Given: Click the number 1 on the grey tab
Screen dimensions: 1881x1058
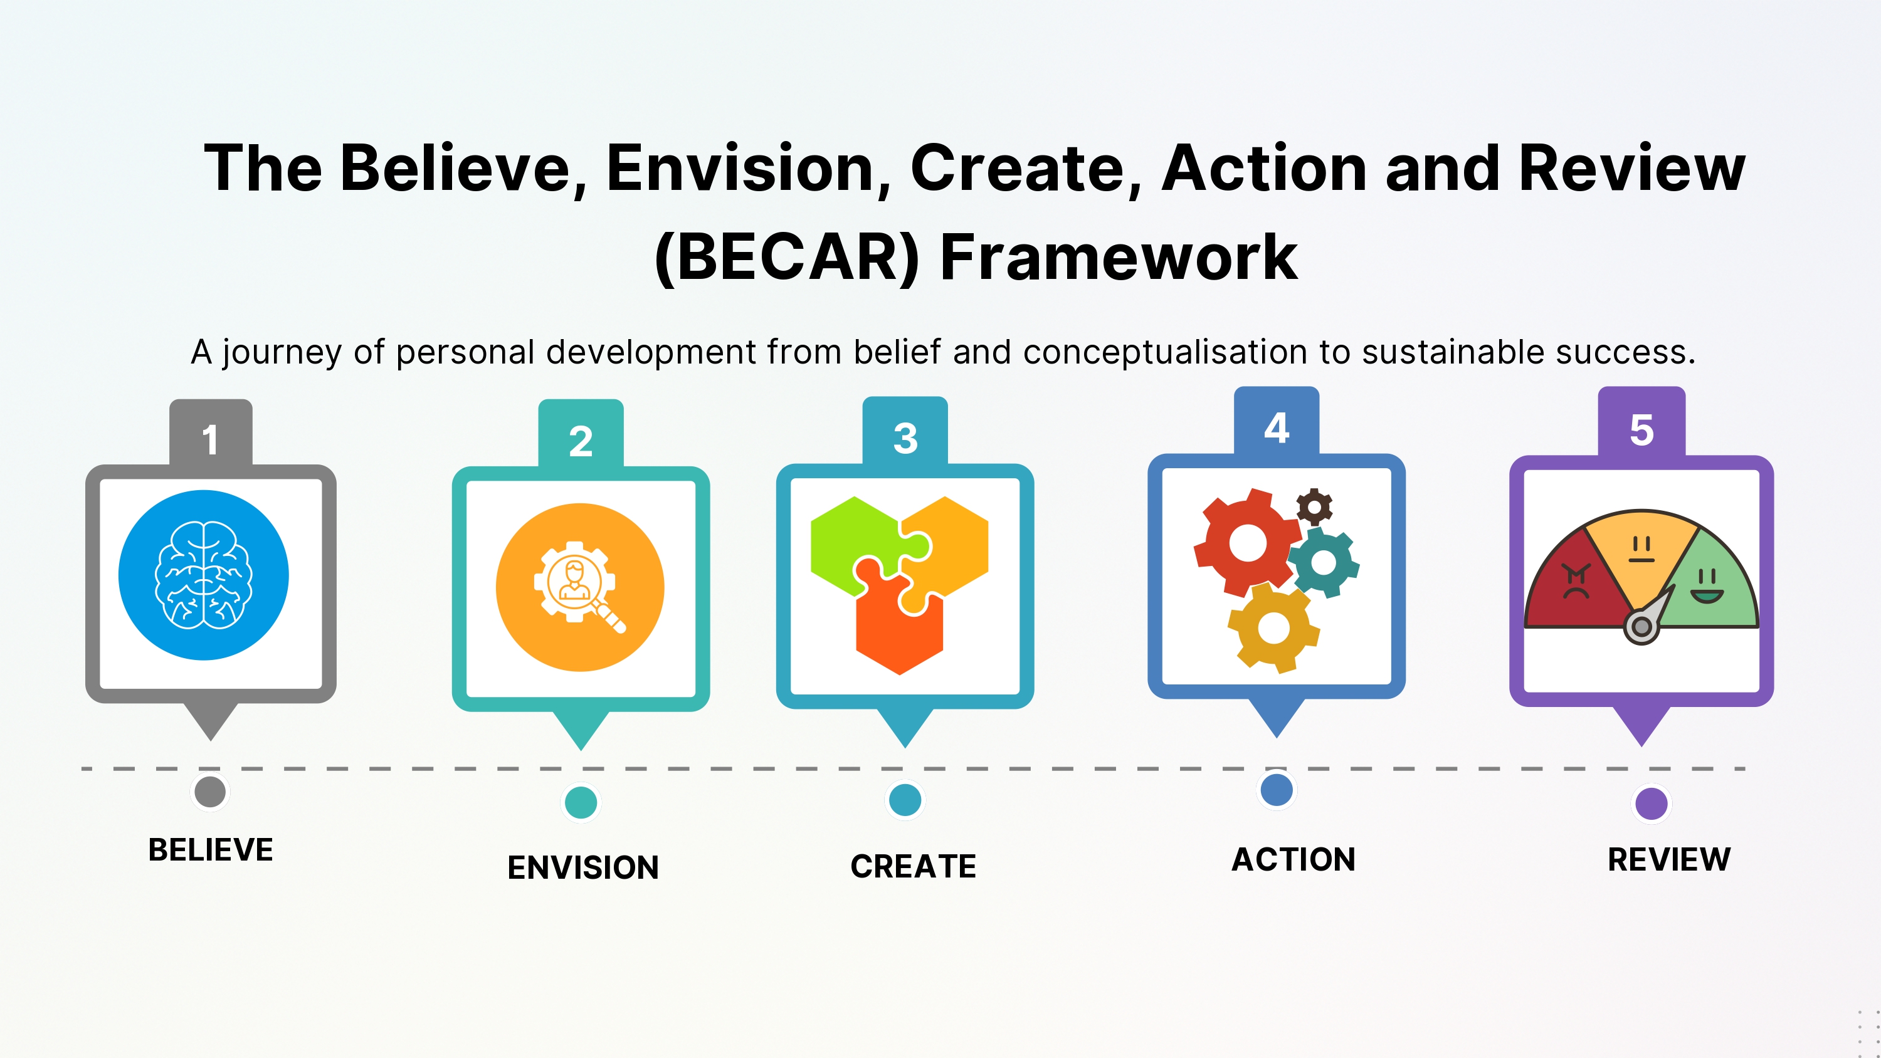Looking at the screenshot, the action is click(x=210, y=439).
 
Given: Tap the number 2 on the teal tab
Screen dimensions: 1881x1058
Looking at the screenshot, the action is click(x=581, y=441).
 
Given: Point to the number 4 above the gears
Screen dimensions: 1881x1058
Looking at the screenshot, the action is click(x=1277, y=428).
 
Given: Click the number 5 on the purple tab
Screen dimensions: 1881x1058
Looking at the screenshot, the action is click(x=1641, y=429).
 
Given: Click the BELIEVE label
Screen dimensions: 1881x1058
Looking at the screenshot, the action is click(x=210, y=850).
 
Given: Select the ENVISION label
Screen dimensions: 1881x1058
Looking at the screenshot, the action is click(x=582, y=867).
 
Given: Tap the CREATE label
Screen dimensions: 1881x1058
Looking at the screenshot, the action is click(x=913, y=866).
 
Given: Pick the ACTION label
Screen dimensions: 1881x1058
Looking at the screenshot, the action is click(x=1293, y=859).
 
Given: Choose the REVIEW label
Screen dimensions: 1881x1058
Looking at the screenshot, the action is click(x=1668, y=859).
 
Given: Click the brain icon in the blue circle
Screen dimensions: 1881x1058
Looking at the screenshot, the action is click(x=204, y=575).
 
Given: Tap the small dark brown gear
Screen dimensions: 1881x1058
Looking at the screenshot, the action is click(x=1314, y=506).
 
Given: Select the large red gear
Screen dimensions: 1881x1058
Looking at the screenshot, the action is click(x=1247, y=543).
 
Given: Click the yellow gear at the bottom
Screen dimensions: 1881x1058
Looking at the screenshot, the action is click(x=1273, y=628).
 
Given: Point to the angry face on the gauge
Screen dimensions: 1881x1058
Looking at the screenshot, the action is click(x=1576, y=581).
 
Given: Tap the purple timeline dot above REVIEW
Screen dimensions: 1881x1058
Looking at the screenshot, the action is click(x=1651, y=803).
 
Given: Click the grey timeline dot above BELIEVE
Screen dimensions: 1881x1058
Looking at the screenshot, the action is click(x=210, y=792).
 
